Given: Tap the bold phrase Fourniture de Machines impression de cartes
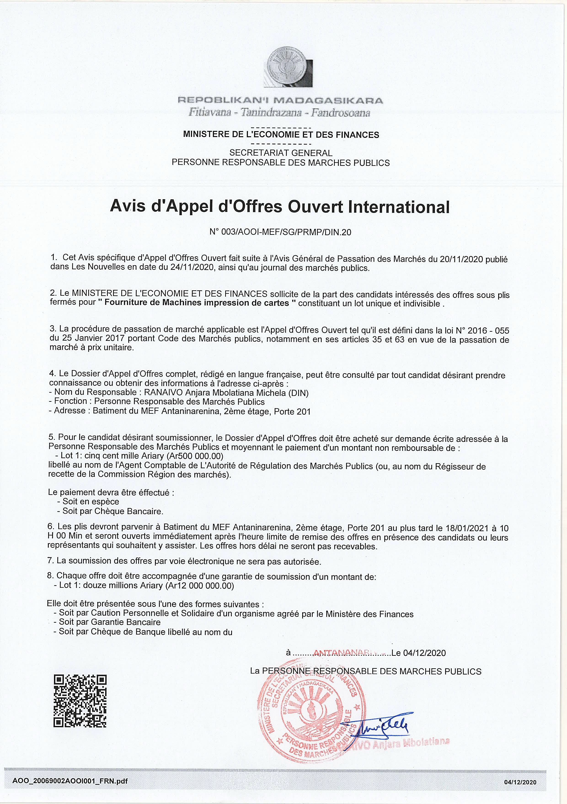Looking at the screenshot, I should [x=198, y=303].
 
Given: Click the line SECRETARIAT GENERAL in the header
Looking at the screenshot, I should [x=281, y=153].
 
